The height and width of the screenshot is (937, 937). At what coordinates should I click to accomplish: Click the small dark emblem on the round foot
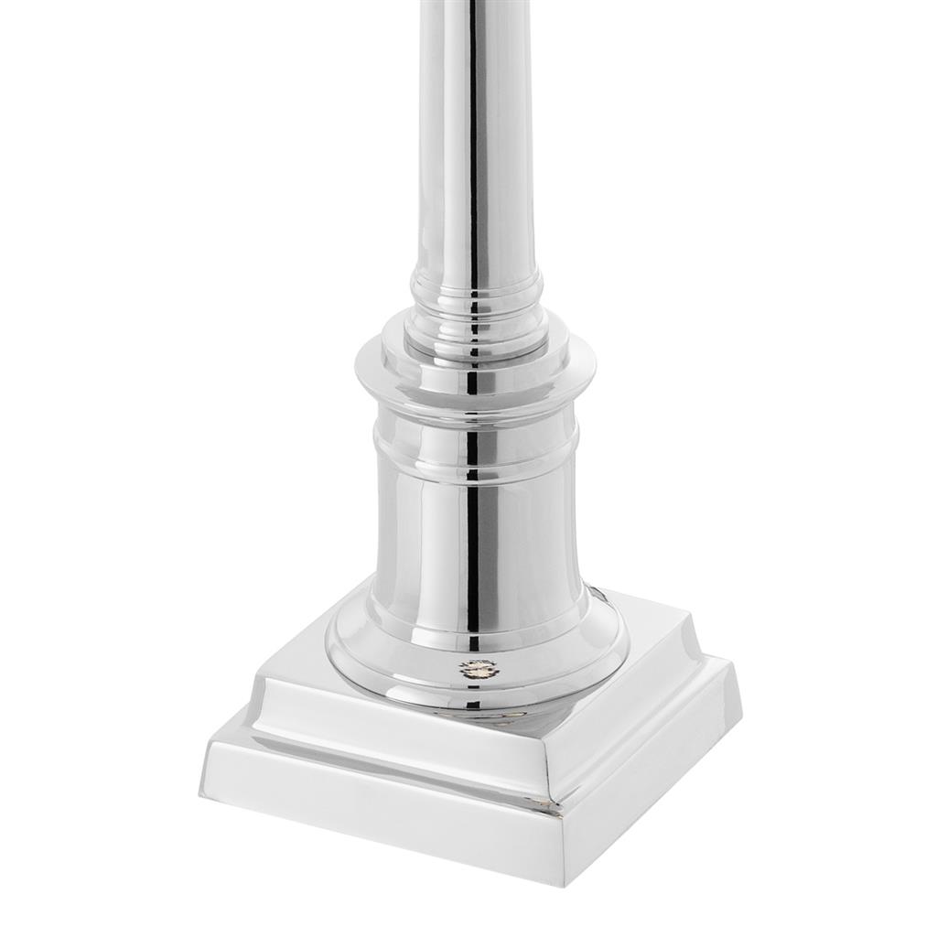pyautogui.click(x=476, y=667)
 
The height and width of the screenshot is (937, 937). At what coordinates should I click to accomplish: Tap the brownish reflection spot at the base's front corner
pyautogui.click(x=550, y=804)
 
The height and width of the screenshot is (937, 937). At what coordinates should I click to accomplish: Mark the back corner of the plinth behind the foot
pyautogui.click(x=604, y=590)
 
